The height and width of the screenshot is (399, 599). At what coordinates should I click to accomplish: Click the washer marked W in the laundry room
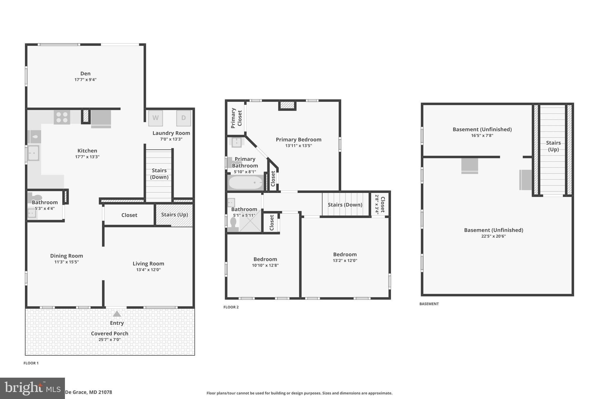tap(155, 118)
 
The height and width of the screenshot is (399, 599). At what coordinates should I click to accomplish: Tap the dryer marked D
tap(183, 118)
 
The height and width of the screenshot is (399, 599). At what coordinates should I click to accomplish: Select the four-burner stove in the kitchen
tap(62, 117)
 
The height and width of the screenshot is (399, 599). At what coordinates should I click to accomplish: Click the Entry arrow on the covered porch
tap(117, 314)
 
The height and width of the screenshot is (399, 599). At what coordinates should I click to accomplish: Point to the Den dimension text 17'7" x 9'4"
tap(85, 80)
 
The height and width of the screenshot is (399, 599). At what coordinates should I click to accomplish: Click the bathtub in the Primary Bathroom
tap(246, 183)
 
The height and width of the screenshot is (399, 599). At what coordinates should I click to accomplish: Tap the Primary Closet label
tap(236, 118)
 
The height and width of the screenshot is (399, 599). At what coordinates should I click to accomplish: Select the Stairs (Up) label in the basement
tap(553, 146)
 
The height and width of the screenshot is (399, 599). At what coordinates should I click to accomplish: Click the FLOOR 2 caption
tap(231, 307)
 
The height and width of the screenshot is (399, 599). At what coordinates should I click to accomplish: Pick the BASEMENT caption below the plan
tap(429, 304)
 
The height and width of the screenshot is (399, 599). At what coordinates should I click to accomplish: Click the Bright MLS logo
tap(32, 388)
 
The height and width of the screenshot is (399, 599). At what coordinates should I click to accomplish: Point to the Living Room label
tap(148, 263)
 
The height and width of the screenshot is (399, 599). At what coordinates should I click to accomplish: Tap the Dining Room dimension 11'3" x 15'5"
tap(66, 262)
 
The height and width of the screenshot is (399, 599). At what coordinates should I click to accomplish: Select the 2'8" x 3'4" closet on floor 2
tap(380, 205)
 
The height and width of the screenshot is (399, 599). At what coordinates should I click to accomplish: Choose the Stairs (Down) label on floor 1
tap(159, 174)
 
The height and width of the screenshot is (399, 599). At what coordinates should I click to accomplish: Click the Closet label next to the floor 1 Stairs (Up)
tap(129, 215)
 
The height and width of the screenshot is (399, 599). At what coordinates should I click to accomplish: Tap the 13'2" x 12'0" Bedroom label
tap(345, 254)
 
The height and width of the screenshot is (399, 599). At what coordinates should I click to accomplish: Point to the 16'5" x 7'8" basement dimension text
tap(482, 135)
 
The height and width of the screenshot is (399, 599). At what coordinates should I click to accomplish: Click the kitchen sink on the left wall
tap(33, 153)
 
